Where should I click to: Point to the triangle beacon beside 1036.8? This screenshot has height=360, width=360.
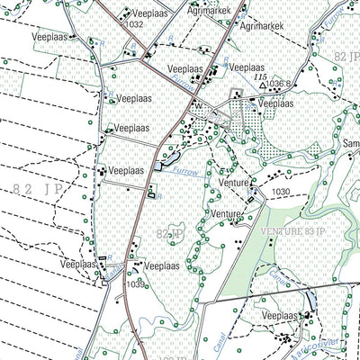(x=261, y=84)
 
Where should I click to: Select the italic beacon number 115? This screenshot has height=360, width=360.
(x=262, y=76)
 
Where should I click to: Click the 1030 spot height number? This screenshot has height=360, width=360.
(x=281, y=192)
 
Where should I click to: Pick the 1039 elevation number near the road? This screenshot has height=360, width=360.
(x=136, y=284)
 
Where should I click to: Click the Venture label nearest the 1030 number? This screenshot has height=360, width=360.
(x=233, y=183)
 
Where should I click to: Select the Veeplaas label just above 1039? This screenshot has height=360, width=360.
(x=163, y=266)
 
